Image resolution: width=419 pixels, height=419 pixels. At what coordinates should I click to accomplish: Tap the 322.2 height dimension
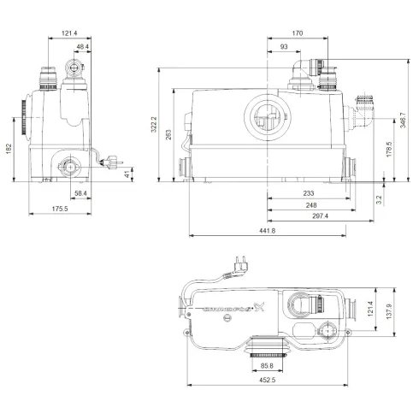click(x=156, y=125)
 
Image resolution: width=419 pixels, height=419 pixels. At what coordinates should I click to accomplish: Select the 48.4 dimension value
click(x=86, y=46)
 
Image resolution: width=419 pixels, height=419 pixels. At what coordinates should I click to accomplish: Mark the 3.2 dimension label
click(x=378, y=199)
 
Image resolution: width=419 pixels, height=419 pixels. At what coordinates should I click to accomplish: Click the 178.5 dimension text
click(x=389, y=150)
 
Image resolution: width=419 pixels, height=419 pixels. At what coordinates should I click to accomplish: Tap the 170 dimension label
click(x=297, y=34)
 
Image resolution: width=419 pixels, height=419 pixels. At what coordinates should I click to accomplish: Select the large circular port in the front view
click(x=266, y=116)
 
